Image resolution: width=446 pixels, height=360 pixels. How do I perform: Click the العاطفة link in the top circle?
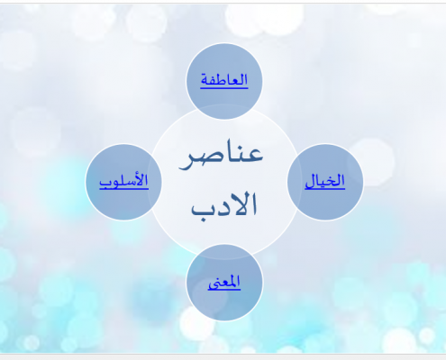point(224,80)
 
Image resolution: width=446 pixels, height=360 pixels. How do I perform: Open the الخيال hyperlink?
point(325,181)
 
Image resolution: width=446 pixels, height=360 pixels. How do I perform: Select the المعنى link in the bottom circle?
point(224,283)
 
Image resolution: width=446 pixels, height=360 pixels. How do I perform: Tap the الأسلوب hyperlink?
point(123,181)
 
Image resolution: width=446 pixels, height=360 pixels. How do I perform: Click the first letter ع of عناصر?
point(255,154)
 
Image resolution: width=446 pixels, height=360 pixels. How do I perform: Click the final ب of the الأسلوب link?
point(105,183)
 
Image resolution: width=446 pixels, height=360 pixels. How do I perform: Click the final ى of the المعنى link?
point(214,284)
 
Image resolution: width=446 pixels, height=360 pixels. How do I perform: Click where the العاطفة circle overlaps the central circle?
point(224,112)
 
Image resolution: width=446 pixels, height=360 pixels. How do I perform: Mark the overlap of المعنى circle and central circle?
point(224,251)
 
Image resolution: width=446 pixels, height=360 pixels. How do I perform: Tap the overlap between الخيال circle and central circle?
point(293,182)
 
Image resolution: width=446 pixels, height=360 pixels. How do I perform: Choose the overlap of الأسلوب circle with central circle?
point(155,182)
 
